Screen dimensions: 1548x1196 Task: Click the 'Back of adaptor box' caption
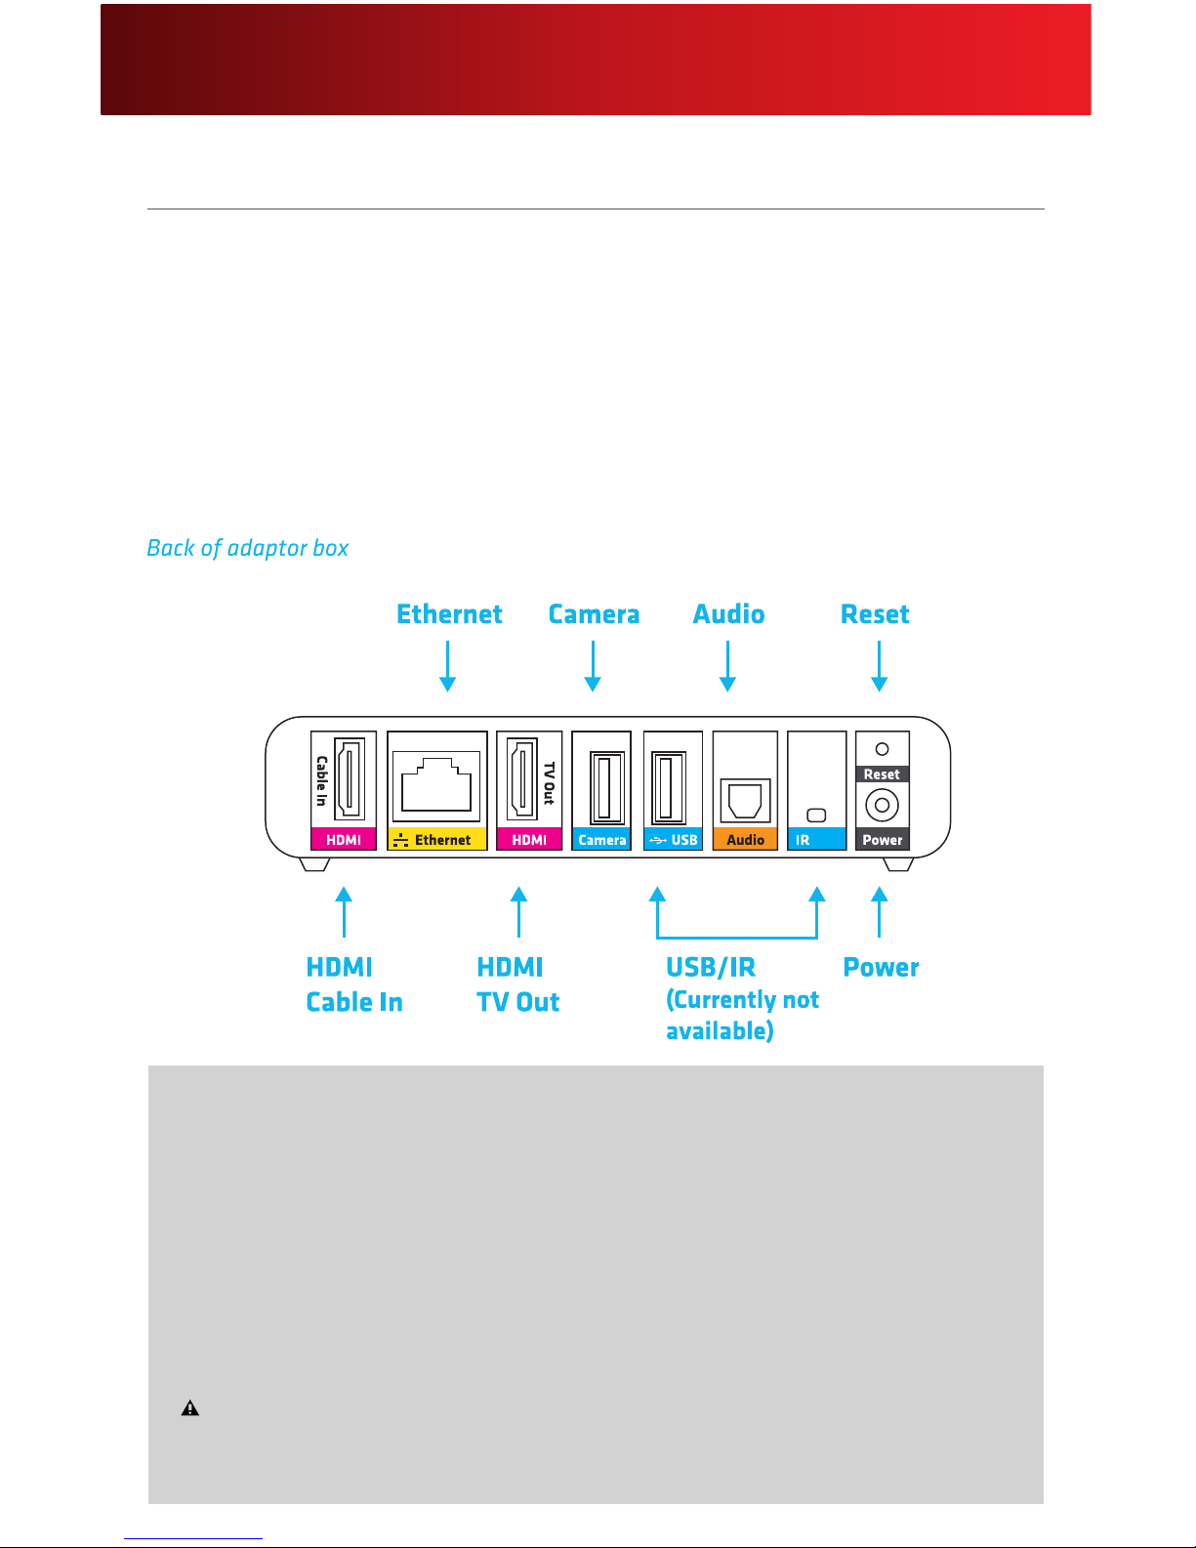[247, 548]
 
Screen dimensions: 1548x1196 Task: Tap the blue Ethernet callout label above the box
[449, 614]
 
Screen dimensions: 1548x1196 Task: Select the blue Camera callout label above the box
[594, 614]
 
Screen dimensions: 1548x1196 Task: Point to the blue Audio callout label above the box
[728, 614]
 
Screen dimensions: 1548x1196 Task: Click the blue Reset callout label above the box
[875, 614]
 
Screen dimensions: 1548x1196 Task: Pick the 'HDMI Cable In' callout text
[353, 984]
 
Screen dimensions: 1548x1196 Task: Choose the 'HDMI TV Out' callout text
[517, 984]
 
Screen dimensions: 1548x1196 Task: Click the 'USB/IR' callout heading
[711, 968]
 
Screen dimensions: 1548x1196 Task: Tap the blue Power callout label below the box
[881, 968]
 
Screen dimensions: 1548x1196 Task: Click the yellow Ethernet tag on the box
[436, 840]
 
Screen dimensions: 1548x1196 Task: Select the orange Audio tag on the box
[745, 840]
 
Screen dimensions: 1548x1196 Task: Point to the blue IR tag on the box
[816, 840]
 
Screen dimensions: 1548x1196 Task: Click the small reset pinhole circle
[882, 749]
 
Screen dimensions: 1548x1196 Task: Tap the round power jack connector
[882, 806]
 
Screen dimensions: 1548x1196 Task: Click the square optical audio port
[745, 801]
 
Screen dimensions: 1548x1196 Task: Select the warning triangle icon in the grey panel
[190, 1408]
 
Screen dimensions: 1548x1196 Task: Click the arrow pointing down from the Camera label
[593, 667]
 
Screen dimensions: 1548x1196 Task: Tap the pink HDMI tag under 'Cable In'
[344, 840]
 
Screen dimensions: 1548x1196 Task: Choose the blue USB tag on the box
[674, 840]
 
